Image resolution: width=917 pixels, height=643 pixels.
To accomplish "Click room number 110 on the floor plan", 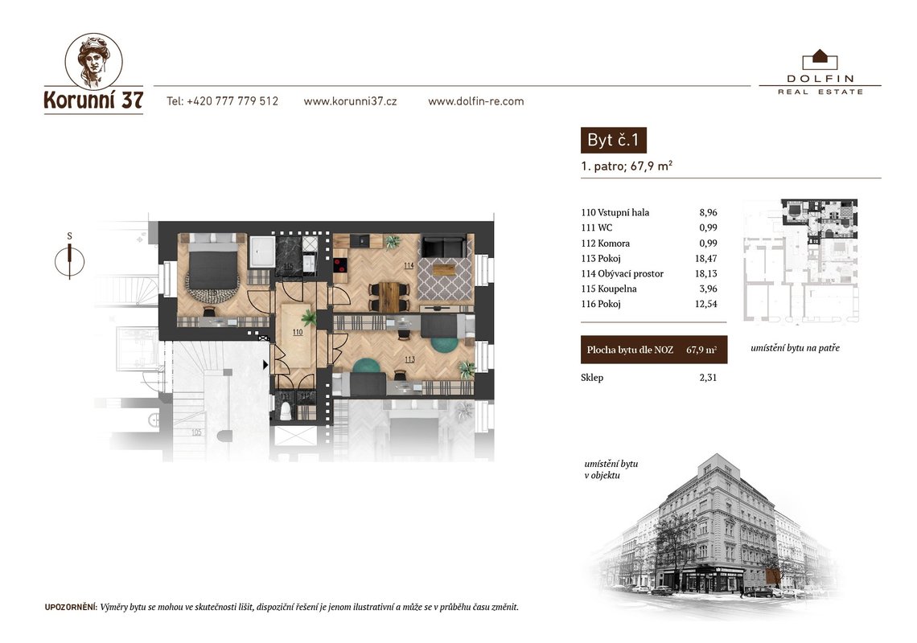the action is tap(298, 332).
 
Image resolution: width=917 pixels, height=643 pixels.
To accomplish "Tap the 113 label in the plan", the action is tap(409, 359).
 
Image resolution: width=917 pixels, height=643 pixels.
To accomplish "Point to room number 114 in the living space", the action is tap(409, 265).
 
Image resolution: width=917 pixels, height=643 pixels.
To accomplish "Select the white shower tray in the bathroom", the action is tap(262, 252).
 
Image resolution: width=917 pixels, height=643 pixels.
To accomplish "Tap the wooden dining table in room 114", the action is tap(389, 297).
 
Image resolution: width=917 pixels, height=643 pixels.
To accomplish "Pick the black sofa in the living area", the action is tap(445, 247).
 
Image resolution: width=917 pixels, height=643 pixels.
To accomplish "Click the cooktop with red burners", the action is tap(339, 265).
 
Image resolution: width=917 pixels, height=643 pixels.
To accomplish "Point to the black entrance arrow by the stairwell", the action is tap(265, 365).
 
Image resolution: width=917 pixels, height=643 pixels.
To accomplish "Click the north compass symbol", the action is tap(70, 261).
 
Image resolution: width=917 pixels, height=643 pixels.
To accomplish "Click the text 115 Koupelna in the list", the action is tap(609, 289).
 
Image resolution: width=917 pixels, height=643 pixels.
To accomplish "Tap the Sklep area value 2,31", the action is tap(708, 378).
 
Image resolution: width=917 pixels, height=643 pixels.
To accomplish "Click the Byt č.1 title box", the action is tap(614, 141).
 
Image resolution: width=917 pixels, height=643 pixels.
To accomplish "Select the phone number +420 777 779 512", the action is tap(232, 101).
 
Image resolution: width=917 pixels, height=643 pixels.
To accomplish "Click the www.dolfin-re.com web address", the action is tap(476, 101).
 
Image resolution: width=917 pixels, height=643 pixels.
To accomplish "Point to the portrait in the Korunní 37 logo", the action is tap(93, 61).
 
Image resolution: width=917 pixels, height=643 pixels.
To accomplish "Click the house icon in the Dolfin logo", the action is tap(820, 59).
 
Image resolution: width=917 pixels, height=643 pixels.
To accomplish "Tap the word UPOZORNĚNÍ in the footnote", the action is tap(70, 608).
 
